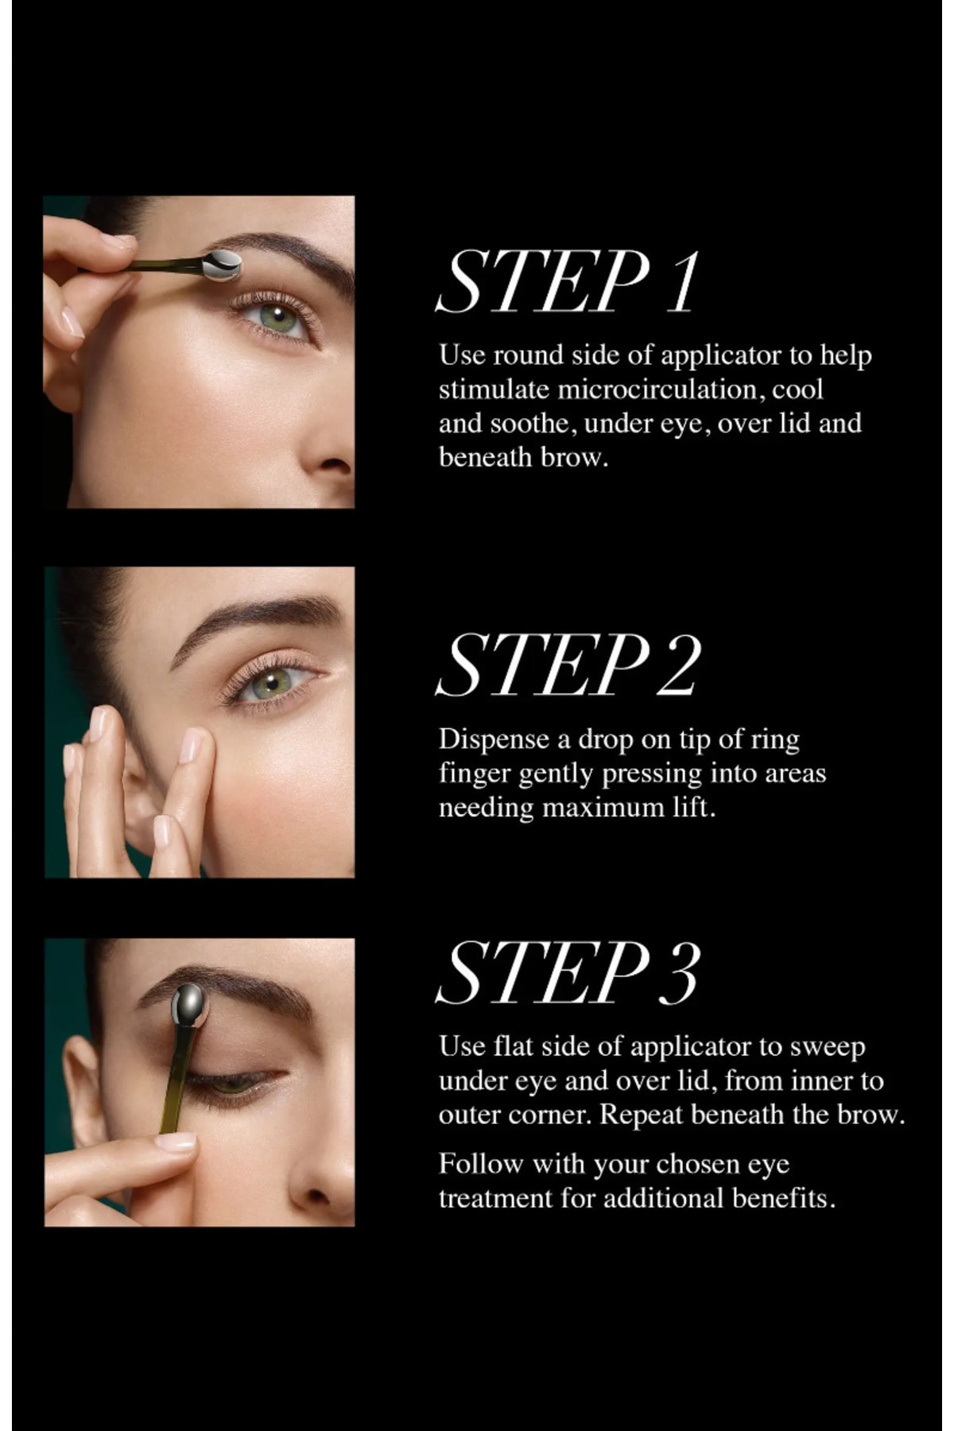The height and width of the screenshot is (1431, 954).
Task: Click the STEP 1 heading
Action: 569,282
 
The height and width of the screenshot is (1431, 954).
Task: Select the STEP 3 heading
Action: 569,972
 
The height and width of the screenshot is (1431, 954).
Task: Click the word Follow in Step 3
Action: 481,1164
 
